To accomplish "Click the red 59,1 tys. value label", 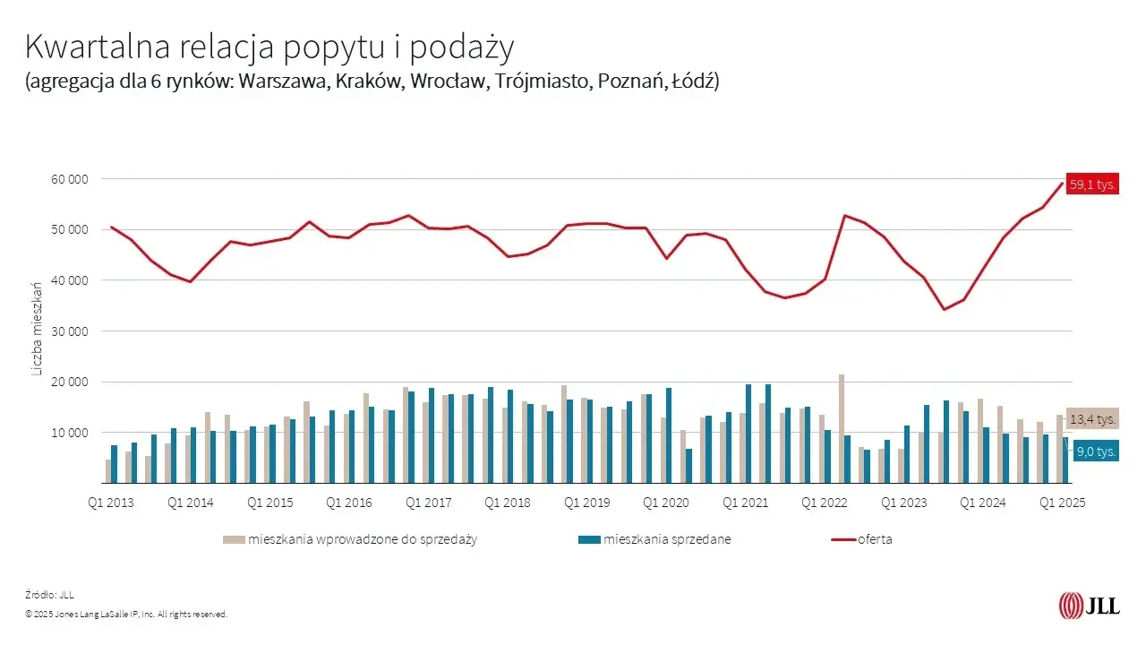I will (x=1092, y=185).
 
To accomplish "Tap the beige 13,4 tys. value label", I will (x=1092, y=419).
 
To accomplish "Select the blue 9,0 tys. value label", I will (x=1094, y=451).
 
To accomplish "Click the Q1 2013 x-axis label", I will (x=112, y=503).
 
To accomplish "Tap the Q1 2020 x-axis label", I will (x=666, y=503).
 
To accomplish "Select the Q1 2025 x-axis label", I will (x=1062, y=503).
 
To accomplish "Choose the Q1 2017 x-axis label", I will (x=429, y=503).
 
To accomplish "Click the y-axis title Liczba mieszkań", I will (x=38, y=329).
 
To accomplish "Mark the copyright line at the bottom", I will (x=126, y=615).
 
